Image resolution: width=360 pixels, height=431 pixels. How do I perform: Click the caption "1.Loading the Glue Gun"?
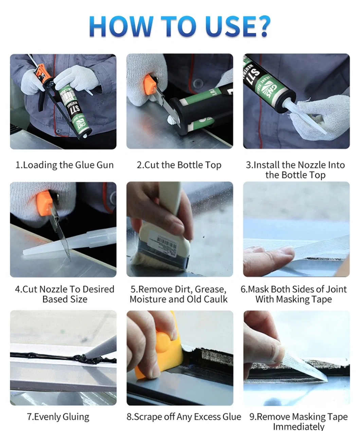(x=65, y=165)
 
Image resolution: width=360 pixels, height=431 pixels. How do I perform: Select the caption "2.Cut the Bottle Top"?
(x=179, y=165)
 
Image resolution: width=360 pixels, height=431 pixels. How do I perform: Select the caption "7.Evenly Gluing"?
(x=58, y=417)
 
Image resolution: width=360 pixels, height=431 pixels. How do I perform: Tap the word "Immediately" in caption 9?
(x=299, y=426)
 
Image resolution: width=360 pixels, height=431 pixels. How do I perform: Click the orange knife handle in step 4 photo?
(x=45, y=203)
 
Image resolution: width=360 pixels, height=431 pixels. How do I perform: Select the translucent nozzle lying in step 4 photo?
(x=68, y=244)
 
